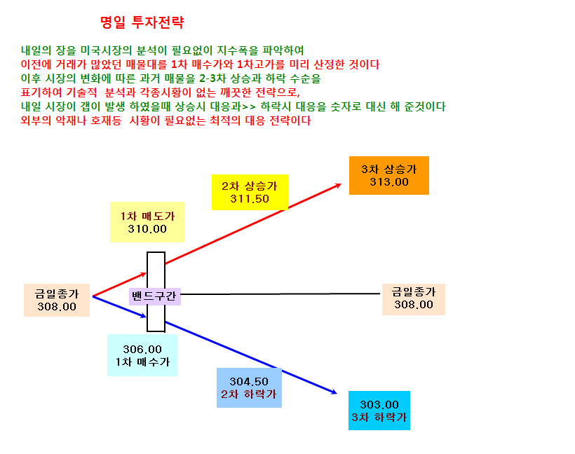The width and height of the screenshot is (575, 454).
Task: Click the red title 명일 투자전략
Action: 142,22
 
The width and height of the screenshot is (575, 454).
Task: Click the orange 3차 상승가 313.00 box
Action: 389,176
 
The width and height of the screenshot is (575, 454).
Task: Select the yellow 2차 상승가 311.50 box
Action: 250,193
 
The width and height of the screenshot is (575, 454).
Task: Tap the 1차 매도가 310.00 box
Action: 147,222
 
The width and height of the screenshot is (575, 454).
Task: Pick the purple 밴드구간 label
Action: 155,296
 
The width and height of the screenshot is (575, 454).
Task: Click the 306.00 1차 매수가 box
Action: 142,355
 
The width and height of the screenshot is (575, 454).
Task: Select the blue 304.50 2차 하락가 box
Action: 249,387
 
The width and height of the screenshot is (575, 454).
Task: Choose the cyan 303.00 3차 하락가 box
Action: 379,411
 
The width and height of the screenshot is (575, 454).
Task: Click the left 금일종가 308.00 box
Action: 57,300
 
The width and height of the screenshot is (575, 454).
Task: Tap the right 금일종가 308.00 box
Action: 414,299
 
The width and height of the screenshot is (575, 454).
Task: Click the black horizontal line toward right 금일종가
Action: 280,294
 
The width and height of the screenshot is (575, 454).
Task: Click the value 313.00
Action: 389,182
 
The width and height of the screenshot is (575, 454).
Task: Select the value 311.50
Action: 250,199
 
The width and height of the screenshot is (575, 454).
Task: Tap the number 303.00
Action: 379,405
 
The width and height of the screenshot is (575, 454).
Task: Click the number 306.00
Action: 142,350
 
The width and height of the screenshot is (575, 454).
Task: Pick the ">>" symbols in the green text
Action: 249,107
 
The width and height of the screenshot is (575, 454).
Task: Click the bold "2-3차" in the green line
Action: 212,78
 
